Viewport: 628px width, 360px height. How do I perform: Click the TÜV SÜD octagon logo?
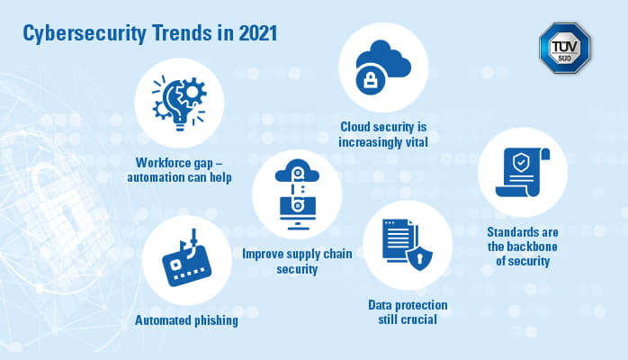point(565,48)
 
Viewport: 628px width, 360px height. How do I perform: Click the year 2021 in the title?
point(258,33)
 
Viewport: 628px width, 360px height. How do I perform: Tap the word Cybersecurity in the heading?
point(84,34)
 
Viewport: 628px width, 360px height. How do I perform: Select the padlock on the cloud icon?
point(371,80)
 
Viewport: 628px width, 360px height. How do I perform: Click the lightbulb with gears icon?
point(179,103)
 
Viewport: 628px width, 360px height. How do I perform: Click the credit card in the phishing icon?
point(187,265)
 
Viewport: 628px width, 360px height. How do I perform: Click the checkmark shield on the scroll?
point(521,163)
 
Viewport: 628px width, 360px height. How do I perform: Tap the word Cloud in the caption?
point(354,127)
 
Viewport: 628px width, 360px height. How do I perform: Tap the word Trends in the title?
point(182,33)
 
